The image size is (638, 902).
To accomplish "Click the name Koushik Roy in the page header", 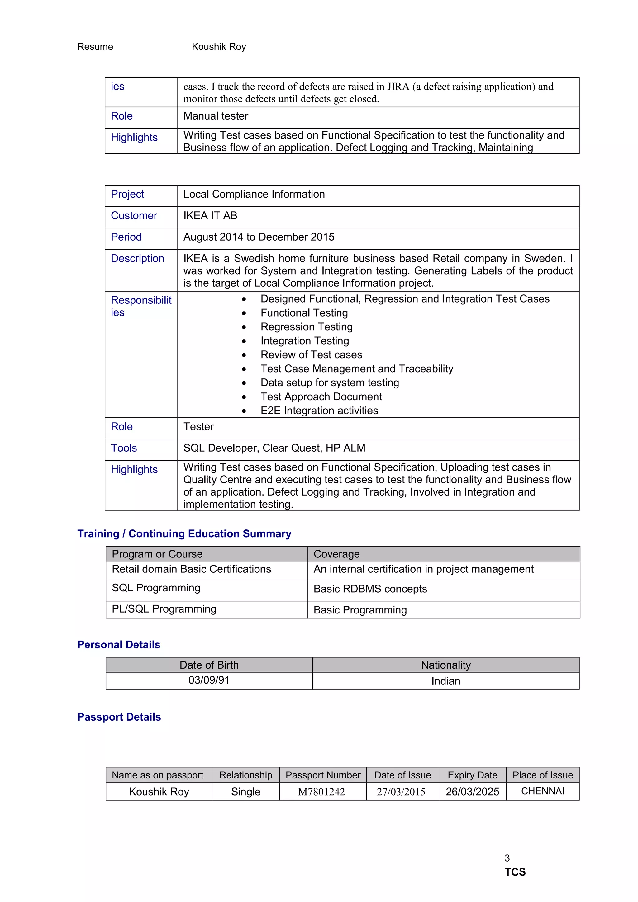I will (219, 47).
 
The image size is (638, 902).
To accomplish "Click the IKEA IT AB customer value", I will (210, 216).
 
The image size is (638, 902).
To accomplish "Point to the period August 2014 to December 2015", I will (259, 237).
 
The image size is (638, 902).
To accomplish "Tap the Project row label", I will (127, 194).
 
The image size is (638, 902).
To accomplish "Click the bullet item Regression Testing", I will (306, 327).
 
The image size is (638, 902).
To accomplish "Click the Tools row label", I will (124, 448).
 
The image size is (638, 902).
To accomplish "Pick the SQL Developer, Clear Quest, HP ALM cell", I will (274, 448).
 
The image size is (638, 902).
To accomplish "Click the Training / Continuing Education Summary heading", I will (184, 533).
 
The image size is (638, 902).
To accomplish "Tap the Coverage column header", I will (336, 554).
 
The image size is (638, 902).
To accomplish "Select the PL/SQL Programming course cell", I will (164, 609).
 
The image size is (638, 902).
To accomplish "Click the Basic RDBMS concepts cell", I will (370, 589).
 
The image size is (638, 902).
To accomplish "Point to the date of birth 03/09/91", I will (209, 680).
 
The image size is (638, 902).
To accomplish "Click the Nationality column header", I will (445, 665).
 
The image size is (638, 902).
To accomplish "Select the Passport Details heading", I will (119, 717).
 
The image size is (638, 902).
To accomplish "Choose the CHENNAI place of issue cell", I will (542, 791).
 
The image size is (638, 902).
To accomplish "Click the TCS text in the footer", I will (515, 872).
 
